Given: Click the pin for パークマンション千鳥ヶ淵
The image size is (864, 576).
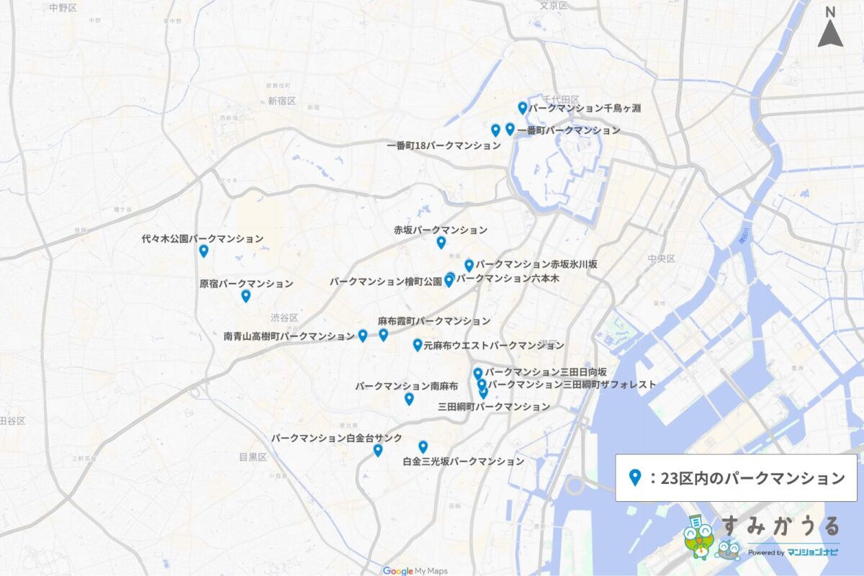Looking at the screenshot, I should point(523,108).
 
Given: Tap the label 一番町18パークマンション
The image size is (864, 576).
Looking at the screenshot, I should point(444,145).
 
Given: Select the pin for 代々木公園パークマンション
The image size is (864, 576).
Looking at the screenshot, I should point(204,251).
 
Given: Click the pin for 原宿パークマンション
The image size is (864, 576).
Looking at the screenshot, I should point(246,295).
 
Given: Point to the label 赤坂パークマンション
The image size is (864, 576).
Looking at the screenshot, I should point(441,230).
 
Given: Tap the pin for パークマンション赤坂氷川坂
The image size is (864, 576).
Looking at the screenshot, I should point(469,265).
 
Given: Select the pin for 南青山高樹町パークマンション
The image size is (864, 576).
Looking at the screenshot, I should point(363,335).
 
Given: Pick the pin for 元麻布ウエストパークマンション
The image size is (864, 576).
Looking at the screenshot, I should point(418,345).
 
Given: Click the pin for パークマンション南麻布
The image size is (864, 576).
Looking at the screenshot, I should point(409,398).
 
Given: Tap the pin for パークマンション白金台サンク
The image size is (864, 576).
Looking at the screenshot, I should point(378,450).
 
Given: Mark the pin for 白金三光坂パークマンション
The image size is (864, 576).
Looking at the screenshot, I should point(423,446).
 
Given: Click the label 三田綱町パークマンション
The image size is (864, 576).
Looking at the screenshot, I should point(494,407).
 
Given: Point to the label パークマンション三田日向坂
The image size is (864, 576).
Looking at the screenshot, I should point(546,372).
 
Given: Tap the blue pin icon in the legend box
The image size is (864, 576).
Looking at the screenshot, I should point(635,477).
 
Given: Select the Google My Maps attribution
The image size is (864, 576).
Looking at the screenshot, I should point(415,571).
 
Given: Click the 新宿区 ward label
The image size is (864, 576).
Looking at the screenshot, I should point(282,102).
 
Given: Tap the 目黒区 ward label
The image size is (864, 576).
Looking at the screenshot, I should point(253,457).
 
